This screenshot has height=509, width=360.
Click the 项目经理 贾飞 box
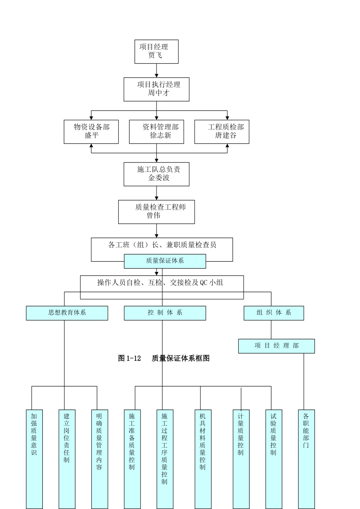(x=156, y=52)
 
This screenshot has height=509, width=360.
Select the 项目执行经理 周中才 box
(x=156, y=89)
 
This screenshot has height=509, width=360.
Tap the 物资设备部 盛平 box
(x=91, y=132)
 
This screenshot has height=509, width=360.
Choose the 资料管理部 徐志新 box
(x=156, y=132)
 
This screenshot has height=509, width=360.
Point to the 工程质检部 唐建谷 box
(x=222, y=132)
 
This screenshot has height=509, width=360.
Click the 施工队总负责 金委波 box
(x=156, y=174)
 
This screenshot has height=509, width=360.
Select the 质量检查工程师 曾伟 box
(x=156, y=212)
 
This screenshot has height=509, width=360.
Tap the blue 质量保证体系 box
(x=165, y=261)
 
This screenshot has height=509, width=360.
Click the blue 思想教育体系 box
(x=67, y=313)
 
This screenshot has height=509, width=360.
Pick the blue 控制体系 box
(x=165, y=313)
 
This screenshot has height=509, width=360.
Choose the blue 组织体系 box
(x=274, y=313)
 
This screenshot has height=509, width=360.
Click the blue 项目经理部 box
(x=276, y=346)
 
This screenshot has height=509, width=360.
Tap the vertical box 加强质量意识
(x=34, y=458)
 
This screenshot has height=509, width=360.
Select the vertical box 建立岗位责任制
(x=67, y=458)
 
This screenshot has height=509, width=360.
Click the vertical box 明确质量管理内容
(x=99, y=458)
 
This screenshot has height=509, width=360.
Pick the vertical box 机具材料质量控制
(x=203, y=458)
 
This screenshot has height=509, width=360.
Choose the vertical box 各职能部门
(x=306, y=458)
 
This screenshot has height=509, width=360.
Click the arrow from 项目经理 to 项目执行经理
(x=157, y=71)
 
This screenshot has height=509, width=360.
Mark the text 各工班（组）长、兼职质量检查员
(x=162, y=245)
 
